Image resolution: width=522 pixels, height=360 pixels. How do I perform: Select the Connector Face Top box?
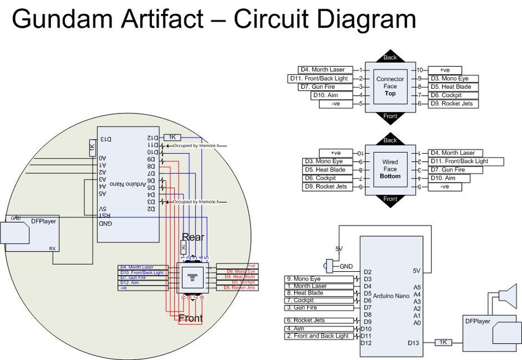pyautogui.click(x=390, y=86)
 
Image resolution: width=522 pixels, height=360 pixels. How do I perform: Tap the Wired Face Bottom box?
pyautogui.click(x=390, y=169)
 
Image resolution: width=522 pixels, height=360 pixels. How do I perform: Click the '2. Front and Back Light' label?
pyautogui.click(x=319, y=336)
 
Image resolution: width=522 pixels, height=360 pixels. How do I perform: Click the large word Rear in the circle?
pyautogui.click(x=193, y=237)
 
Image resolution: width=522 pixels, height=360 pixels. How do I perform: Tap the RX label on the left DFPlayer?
pyautogui.click(x=52, y=248)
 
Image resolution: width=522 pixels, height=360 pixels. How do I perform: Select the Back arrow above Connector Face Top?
pyautogui.click(x=390, y=57)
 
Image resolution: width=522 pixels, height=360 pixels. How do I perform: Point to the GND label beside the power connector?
pyautogui.click(x=346, y=266)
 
